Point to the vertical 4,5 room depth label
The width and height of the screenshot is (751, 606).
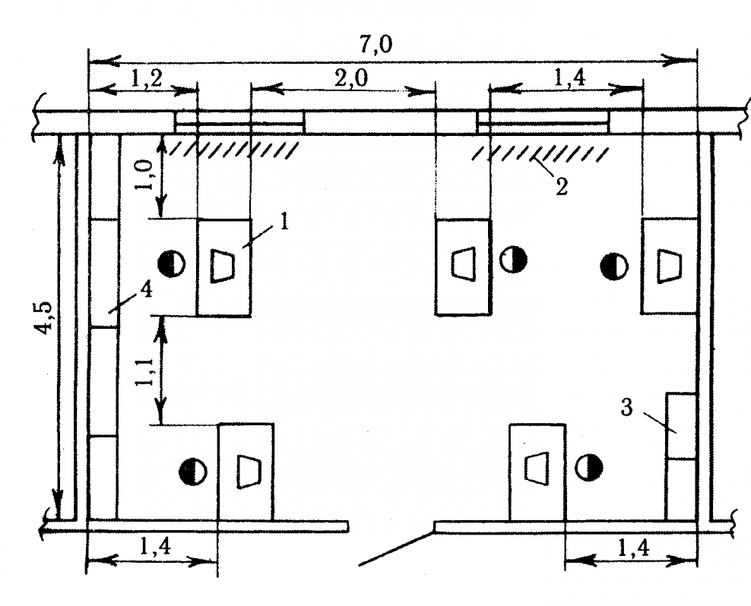coord(46,320)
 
